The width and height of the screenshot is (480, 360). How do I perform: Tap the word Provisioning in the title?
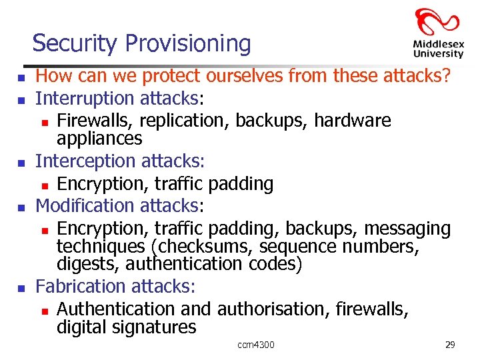[x=187, y=44]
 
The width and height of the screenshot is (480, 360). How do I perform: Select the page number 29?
[x=450, y=345]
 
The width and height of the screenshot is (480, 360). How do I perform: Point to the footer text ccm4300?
[x=256, y=345]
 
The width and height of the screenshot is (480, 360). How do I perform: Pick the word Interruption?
[x=85, y=99]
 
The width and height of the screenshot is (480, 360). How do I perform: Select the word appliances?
[x=99, y=138]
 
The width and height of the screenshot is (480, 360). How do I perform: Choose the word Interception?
[x=85, y=161]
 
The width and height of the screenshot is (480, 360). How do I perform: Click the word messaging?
[x=407, y=229]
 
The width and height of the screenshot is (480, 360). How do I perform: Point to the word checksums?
[x=203, y=247]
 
